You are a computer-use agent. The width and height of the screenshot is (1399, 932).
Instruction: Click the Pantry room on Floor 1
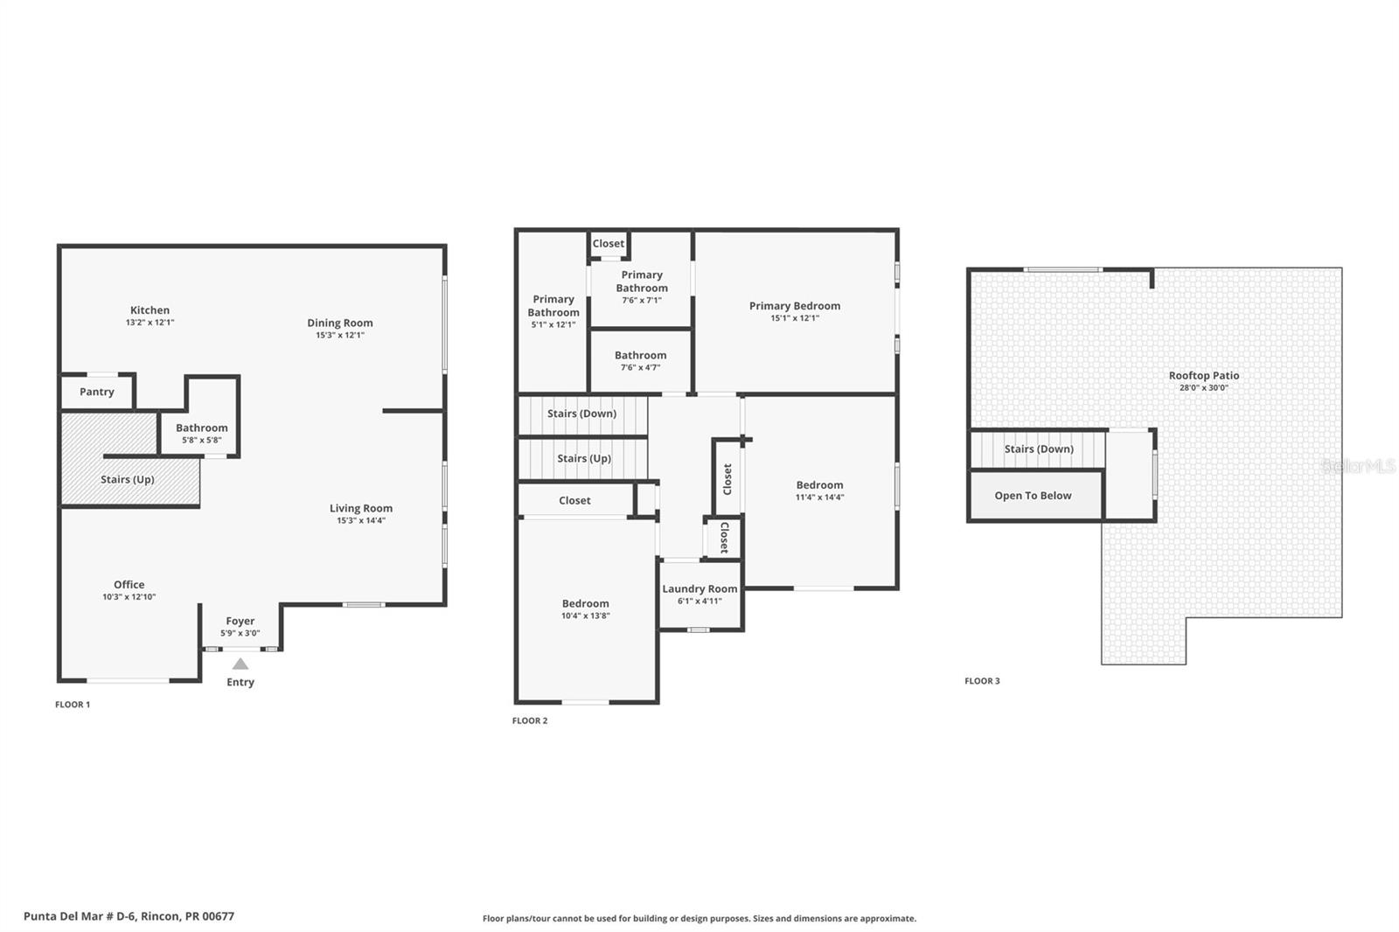pos(96,392)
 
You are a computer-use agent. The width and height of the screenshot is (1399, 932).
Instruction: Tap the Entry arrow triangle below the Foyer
pos(240,664)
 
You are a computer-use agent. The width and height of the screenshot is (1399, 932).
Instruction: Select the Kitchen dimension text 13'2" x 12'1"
pos(150,323)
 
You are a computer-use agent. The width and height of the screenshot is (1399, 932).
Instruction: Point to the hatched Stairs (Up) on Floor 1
pos(128,479)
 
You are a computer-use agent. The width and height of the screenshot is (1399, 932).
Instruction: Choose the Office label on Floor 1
pos(129,585)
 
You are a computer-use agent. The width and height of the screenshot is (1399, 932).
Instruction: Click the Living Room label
pos(360,508)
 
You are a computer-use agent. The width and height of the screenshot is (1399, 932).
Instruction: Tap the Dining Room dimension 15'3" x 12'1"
pos(340,335)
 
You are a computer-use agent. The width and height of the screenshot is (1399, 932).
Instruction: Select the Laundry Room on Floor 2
pos(699,595)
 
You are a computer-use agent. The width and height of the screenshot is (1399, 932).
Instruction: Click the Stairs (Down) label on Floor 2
pos(581,414)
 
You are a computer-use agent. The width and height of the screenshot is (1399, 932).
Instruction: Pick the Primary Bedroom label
pos(794,306)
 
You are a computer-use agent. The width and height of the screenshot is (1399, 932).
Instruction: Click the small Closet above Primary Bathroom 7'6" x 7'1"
pos(609,244)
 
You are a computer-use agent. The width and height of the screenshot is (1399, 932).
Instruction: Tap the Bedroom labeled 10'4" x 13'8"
pos(585,609)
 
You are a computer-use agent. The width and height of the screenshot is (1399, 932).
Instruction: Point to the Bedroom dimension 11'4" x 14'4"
pos(819,497)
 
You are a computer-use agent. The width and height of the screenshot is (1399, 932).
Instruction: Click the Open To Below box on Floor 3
pos(1033,496)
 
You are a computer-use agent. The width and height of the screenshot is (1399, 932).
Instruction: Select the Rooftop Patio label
pos(1203,376)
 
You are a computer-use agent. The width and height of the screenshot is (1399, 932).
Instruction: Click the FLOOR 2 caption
pos(530,720)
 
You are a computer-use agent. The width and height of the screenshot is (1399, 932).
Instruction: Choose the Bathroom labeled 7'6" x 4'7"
pos(640,360)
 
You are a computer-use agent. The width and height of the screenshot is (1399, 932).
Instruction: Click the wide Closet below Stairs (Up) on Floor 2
pos(574,500)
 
